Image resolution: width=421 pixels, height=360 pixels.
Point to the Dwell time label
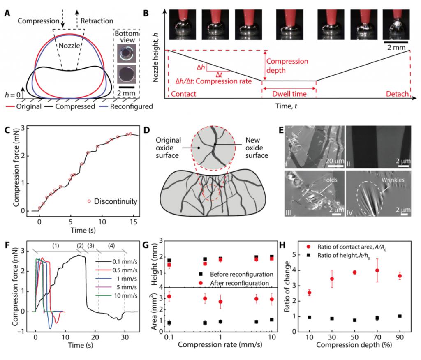290,94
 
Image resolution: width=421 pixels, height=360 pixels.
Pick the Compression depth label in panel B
287,65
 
